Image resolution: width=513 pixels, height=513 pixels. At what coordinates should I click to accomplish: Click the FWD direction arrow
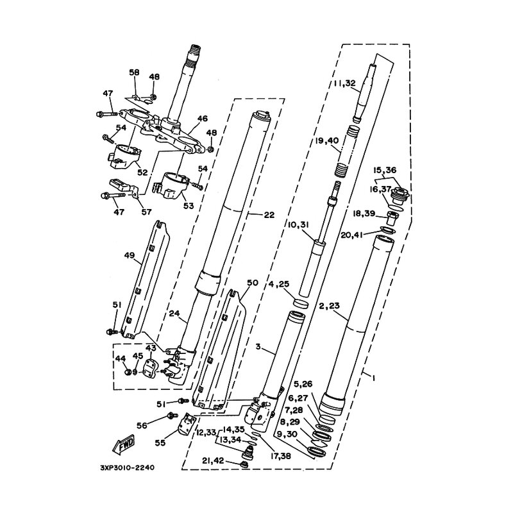click(124, 445)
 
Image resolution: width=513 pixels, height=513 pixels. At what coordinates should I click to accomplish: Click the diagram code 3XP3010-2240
click(127, 468)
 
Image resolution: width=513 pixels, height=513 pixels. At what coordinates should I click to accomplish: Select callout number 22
click(269, 215)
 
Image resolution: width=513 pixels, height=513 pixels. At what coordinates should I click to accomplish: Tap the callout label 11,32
click(344, 83)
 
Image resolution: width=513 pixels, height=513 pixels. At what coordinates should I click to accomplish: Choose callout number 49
click(130, 255)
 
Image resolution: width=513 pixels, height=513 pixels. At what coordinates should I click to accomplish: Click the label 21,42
click(213, 460)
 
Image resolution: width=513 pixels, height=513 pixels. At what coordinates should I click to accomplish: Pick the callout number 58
click(134, 72)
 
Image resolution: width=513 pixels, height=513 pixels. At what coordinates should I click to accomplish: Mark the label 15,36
click(385, 170)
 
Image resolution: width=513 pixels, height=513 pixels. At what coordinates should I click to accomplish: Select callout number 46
click(202, 119)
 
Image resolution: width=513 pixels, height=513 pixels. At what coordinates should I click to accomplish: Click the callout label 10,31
click(299, 225)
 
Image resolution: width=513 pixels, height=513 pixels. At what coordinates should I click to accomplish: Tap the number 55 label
click(160, 443)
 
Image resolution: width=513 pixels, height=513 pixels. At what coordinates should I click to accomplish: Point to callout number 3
click(258, 347)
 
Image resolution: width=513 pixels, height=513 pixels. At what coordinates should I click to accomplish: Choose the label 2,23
click(330, 307)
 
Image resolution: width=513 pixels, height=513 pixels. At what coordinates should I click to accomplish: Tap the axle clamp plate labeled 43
click(149, 367)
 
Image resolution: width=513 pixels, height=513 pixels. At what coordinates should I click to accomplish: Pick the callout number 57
click(146, 212)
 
